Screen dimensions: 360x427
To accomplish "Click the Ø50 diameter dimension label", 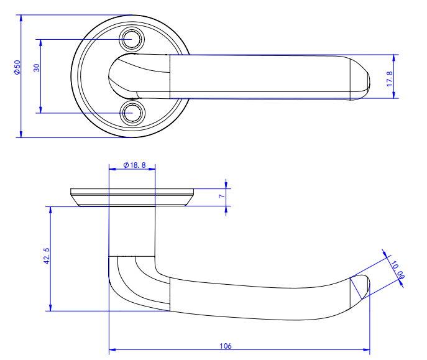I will click(17, 68).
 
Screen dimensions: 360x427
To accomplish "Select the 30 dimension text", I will click(37, 68).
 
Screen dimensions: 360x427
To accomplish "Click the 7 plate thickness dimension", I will click(222, 196).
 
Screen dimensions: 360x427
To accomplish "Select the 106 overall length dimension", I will click(226, 346).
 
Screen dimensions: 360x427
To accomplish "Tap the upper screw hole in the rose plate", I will click(131, 39).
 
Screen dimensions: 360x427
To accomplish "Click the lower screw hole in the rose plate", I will click(131, 113).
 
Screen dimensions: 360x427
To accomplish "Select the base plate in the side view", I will click(132, 196).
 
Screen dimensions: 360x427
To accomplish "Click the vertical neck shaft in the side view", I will click(132, 230).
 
